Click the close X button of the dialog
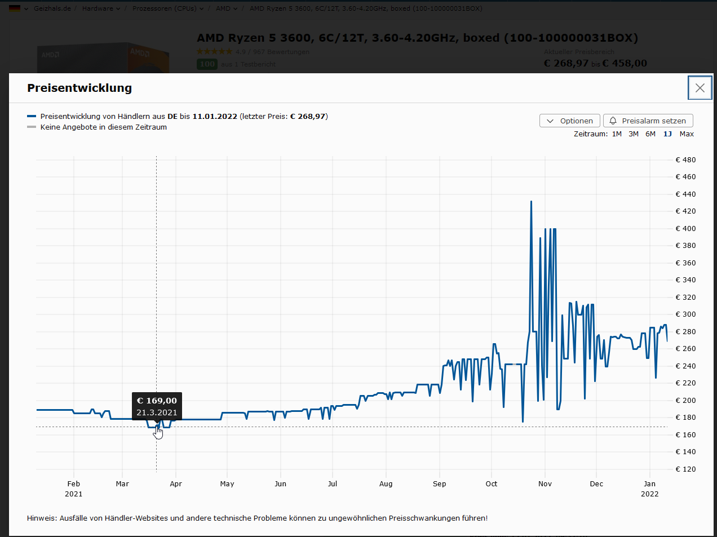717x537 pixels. coord(700,88)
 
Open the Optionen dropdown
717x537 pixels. coord(569,121)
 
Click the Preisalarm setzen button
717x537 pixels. coord(648,121)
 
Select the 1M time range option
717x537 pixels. coord(617,134)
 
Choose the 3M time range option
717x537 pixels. coord(634,134)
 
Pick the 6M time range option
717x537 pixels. coord(650,134)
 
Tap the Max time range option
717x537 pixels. coord(687,134)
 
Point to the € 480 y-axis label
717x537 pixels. coord(685,160)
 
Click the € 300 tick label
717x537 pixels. coord(685,314)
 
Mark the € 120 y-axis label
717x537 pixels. coord(685,469)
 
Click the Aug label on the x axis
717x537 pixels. coord(386,484)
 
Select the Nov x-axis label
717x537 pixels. coord(545,484)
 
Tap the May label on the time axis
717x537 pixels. coord(227,484)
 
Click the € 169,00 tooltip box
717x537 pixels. coord(157,406)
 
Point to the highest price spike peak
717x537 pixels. coord(531,202)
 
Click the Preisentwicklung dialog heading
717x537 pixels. coord(79,88)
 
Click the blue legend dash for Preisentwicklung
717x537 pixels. coord(32,117)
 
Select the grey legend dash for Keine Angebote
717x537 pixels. coord(32,127)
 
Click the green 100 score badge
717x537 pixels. coord(207,64)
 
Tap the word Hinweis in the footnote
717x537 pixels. coord(41,518)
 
